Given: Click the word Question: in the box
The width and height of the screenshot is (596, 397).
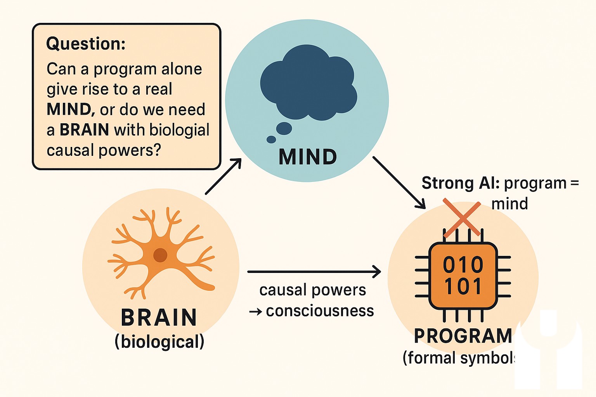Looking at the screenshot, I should (86, 44).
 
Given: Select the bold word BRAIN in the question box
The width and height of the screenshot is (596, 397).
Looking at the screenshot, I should (84, 130).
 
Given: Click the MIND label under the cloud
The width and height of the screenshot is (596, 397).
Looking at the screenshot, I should (308, 157).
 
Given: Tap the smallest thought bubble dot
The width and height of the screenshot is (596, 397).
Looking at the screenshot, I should (271, 140).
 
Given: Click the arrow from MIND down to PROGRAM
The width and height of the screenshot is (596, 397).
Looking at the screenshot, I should (399, 183).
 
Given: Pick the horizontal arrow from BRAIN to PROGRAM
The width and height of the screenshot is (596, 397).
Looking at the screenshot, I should (314, 272).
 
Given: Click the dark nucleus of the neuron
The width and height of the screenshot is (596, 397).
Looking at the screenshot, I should (160, 255).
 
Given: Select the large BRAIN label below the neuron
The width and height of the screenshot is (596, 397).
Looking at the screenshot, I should (159, 318).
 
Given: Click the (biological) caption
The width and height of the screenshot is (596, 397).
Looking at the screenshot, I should (159, 342).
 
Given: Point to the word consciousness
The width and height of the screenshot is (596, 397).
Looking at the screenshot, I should (320, 311).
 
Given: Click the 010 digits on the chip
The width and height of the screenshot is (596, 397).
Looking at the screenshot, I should (463, 265).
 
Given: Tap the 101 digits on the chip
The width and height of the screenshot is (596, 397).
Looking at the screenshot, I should (463, 287).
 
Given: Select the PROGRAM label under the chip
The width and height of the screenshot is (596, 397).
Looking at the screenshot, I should (463, 336).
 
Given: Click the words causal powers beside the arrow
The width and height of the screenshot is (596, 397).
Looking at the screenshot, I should (312, 290).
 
